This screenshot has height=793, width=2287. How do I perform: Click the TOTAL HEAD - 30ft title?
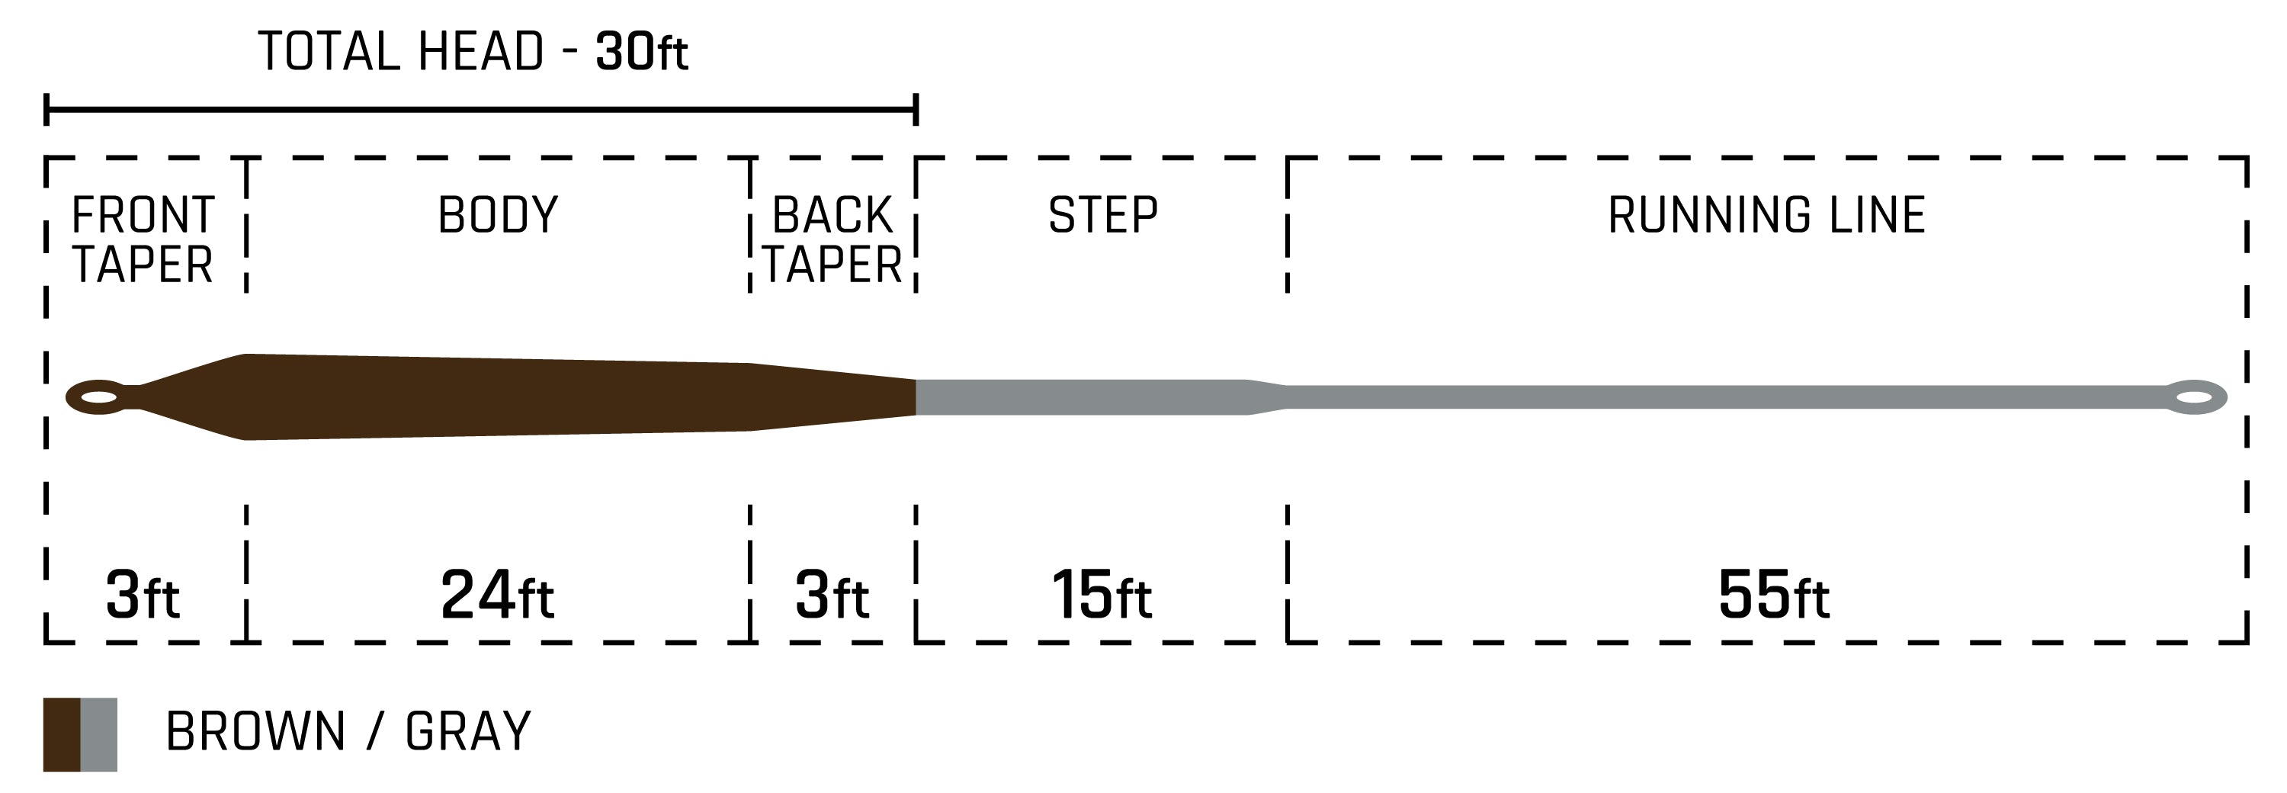473,52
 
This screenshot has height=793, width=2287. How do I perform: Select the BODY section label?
498,215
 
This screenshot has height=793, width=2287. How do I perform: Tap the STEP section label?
1102,215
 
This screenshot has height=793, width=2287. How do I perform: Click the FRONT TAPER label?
143,239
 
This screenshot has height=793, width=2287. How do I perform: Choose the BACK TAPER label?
832,239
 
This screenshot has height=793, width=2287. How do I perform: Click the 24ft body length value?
497,595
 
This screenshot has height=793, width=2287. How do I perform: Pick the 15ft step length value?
1101,595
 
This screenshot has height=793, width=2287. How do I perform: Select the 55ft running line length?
1773,595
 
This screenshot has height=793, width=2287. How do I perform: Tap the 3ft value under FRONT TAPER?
142,595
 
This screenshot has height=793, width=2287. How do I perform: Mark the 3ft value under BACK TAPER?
831,595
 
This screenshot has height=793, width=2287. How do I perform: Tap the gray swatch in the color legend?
98,734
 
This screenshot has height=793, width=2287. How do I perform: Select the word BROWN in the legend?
255,732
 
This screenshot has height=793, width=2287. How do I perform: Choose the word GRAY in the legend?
468,732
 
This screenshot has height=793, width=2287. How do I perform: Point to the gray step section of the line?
1083,397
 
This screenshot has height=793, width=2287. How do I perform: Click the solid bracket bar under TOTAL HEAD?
480,110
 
